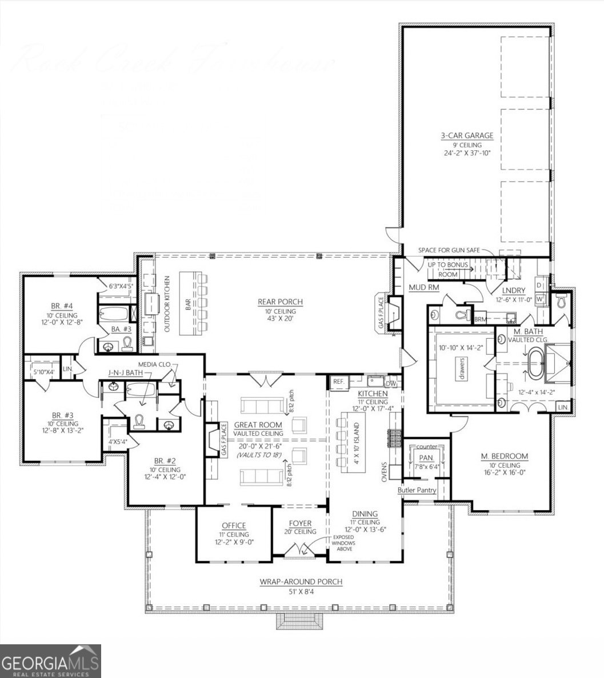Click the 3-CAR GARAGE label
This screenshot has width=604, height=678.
coord(466,136)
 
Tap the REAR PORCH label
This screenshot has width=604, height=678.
coord(280,302)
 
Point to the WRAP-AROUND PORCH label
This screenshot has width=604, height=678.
coord(301,582)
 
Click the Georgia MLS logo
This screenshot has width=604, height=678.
coord(50,661)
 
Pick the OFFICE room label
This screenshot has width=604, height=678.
coord(234,525)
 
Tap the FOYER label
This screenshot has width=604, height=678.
coord(300,523)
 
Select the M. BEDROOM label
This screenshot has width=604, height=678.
coord(504,456)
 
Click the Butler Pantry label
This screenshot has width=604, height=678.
coord(417,490)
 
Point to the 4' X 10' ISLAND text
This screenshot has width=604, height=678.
coord(356,444)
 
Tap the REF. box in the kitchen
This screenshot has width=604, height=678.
coord(337,380)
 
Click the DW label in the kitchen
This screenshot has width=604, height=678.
coord(391,384)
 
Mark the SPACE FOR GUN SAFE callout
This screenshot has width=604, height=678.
coord(449,250)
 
